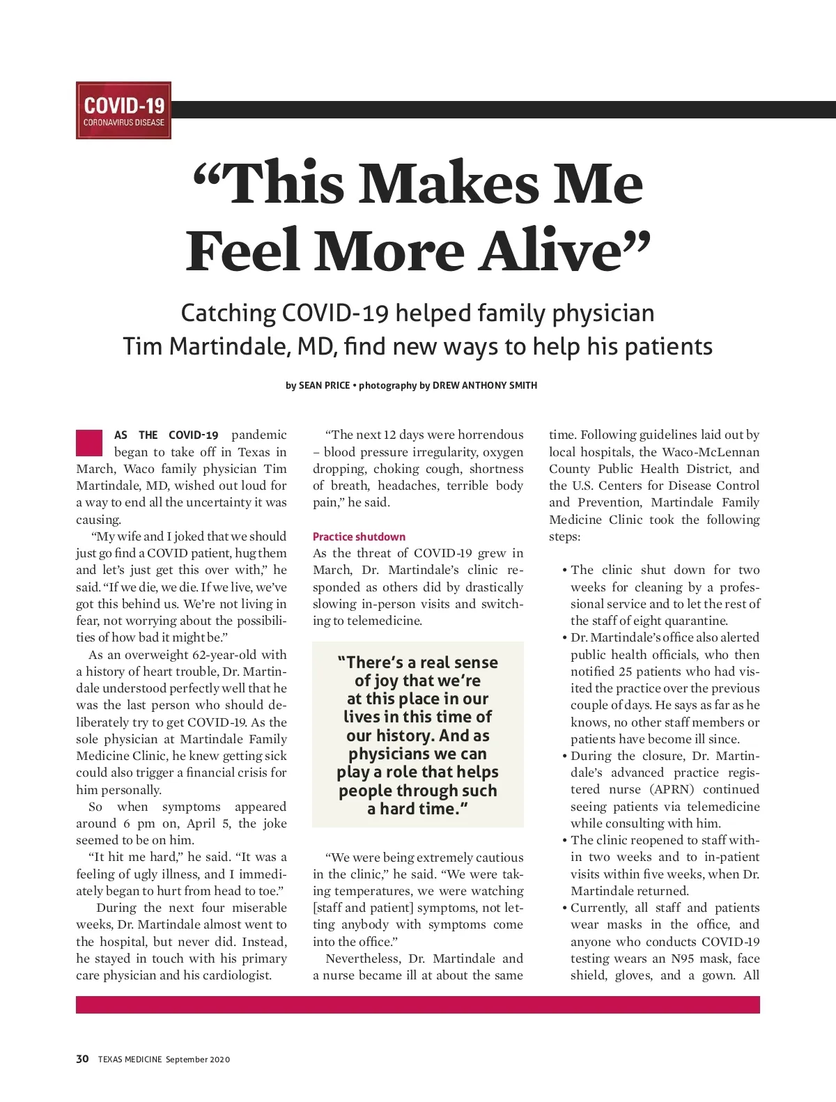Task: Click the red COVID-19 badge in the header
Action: (123, 111)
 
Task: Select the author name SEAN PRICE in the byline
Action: (324, 385)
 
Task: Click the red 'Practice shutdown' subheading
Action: (359, 536)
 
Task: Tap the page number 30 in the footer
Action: (82, 1060)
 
